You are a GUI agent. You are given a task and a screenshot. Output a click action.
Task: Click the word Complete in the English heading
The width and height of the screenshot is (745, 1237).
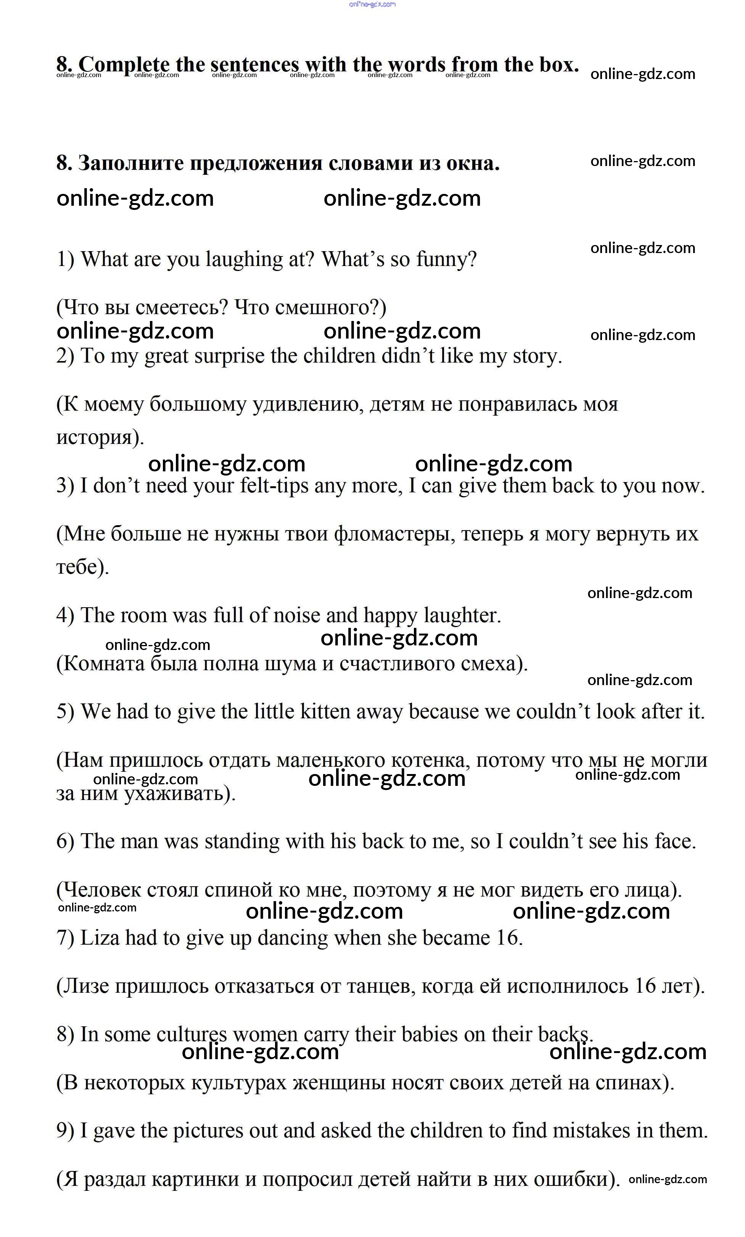124,65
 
